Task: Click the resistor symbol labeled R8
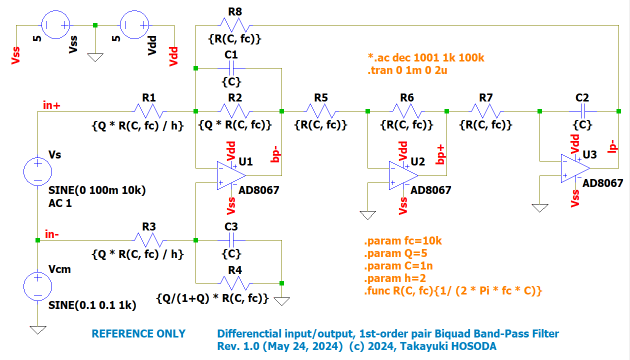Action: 237,24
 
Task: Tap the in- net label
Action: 53,234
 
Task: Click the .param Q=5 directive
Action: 395,253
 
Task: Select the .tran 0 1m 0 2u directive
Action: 407,70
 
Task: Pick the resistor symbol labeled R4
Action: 237,283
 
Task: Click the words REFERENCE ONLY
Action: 138,333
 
